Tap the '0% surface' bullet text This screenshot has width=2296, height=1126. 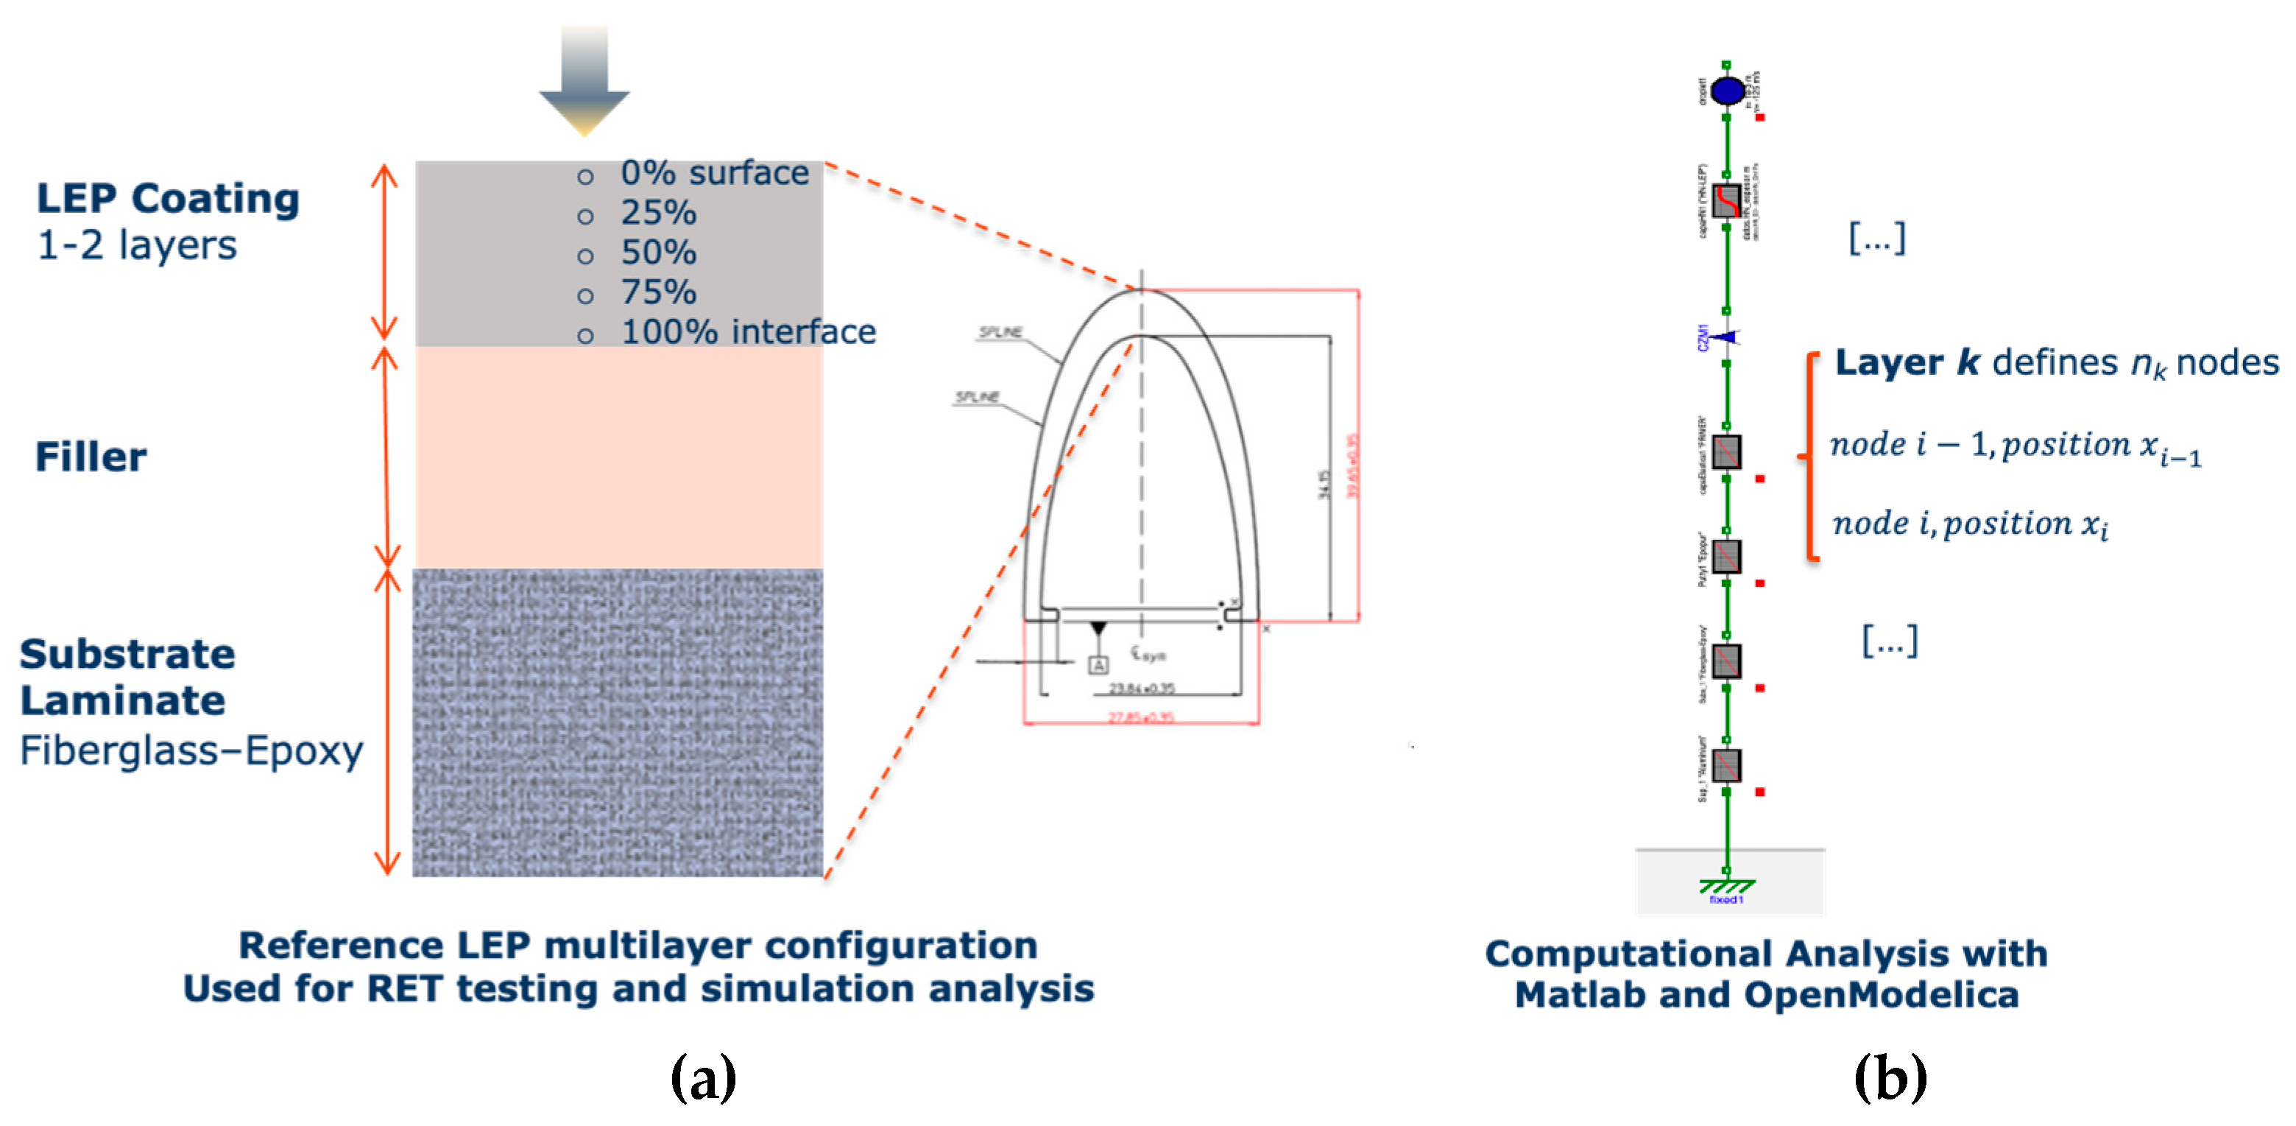[x=714, y=173]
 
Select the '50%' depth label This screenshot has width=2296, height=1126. [x=658, y=253]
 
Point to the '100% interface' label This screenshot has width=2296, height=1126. [x=748, y=331]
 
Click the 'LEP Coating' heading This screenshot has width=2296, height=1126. [x=168, y=198]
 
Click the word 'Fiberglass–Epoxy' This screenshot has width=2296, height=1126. [x=191, y=750]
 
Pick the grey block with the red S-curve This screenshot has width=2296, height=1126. [x=1726, y=200]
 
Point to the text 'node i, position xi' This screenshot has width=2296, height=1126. [x=1970, y=524]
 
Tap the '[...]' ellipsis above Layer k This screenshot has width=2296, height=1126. [x=1877, y=238]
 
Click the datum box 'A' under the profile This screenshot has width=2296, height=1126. [x=1098, y=664]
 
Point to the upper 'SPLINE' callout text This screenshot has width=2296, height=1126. [x=1000, y=331]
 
